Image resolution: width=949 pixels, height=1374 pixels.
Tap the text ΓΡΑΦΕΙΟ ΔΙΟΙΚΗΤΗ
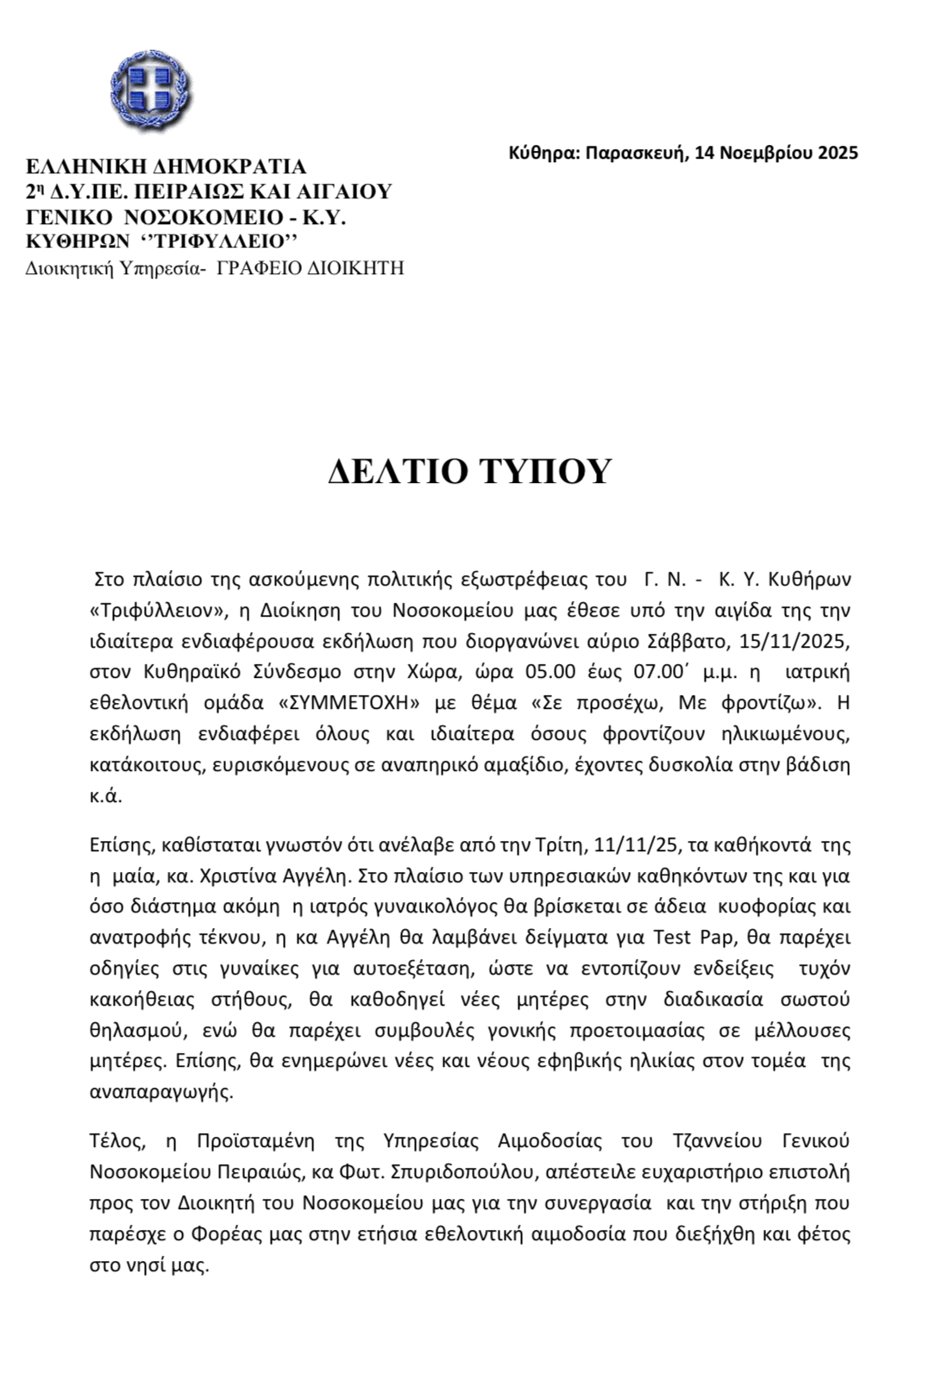(310, 268)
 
